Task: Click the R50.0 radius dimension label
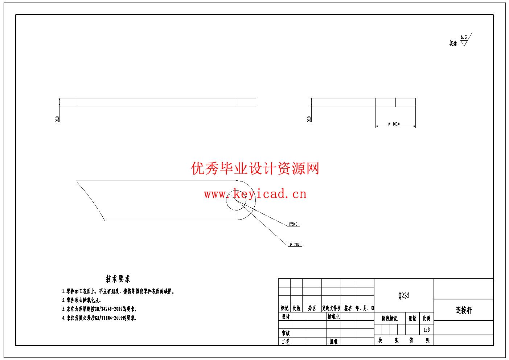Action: pyautogui.click(x=293, y=224)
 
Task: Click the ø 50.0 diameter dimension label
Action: pyautogui.click(x=295, y=245)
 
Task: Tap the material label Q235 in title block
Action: pyautogui.click(x=404, y=296)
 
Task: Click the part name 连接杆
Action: pyautogui.click(x=464, y=310)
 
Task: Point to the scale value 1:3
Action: pyautogui.click(x=427, y=330)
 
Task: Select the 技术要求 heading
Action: pyautogui.click(x=118, y=279)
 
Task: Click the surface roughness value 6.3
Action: pyautogui.click(x=464, y=37)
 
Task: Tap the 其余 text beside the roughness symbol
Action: pyautogui.click(x=453, y=44)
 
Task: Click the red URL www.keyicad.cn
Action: pyautogui.click(x=255, y=194)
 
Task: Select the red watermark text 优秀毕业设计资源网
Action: pyautogui.click(x=255, y=168)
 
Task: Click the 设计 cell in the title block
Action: pyautogui.click(x=286, y=316)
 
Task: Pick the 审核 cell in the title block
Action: pyautogui.click(x=286, y=333)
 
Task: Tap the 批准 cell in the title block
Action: pyautogui.click(x=333, y=341)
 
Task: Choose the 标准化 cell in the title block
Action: pyautogui.click(x=333, y=316)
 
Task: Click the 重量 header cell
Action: pyautogui.click(x=412, y=318)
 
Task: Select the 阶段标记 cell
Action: pyautogui.click(x=389, y=318)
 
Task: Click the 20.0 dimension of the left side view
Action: pyautogui.click(x=57, y=119)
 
